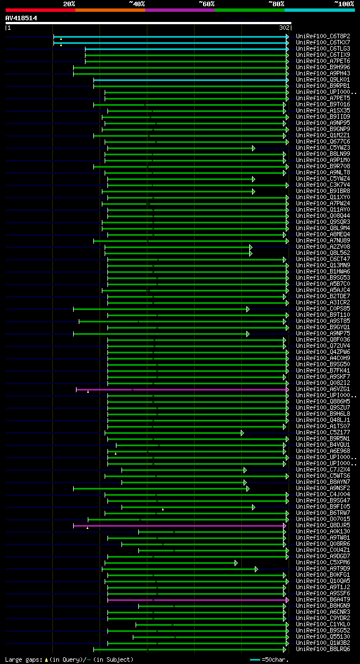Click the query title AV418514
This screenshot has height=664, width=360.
click(x=21, y=18)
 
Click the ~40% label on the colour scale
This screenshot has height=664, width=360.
click(x=137, y=4)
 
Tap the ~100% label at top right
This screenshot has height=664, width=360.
click(x=343, y=4)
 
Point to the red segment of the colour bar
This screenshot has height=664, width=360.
click(x=40, y=10)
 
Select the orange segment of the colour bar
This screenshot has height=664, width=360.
click(x=110, y=10)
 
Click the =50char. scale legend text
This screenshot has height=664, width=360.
click(x=276, y=659)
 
